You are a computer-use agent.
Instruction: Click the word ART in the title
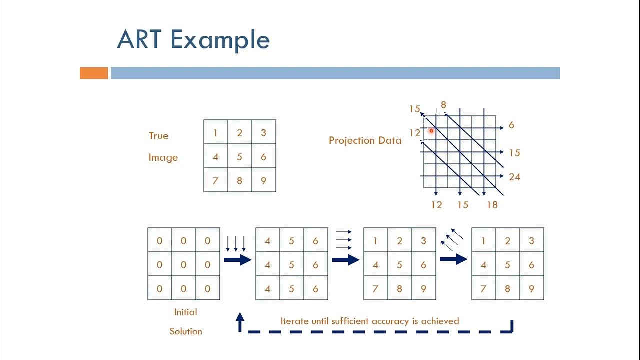[x=140, y=40]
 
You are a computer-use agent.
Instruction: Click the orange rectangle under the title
[x=94, y=73]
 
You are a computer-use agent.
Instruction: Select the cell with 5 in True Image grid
[x=240, y=156]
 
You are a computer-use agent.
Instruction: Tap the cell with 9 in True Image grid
[x=264, y=180]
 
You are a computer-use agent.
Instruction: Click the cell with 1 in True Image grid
[x=216, y=132]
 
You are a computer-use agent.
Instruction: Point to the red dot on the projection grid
[x=431, y=131]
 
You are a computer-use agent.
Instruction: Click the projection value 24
[x=514, y=177]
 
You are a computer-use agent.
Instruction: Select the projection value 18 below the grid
[x=492, y=205]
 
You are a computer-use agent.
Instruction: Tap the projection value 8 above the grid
[x=443, y=105]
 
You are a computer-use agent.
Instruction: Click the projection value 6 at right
[x=511, y=125]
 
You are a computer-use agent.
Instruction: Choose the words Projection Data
[x=365, y=140]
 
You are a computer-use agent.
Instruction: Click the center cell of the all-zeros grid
[x=184, y=264]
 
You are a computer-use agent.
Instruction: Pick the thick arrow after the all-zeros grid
[x=237, y=260]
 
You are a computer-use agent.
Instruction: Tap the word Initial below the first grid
[x=185, y=312]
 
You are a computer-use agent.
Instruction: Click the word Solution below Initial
[x=185, y=331]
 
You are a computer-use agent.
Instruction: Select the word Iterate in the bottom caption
[x=295, y=321]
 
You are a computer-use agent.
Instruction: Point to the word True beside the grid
[x=158, y=136]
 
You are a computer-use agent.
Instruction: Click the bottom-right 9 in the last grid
[x=531, y=288]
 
